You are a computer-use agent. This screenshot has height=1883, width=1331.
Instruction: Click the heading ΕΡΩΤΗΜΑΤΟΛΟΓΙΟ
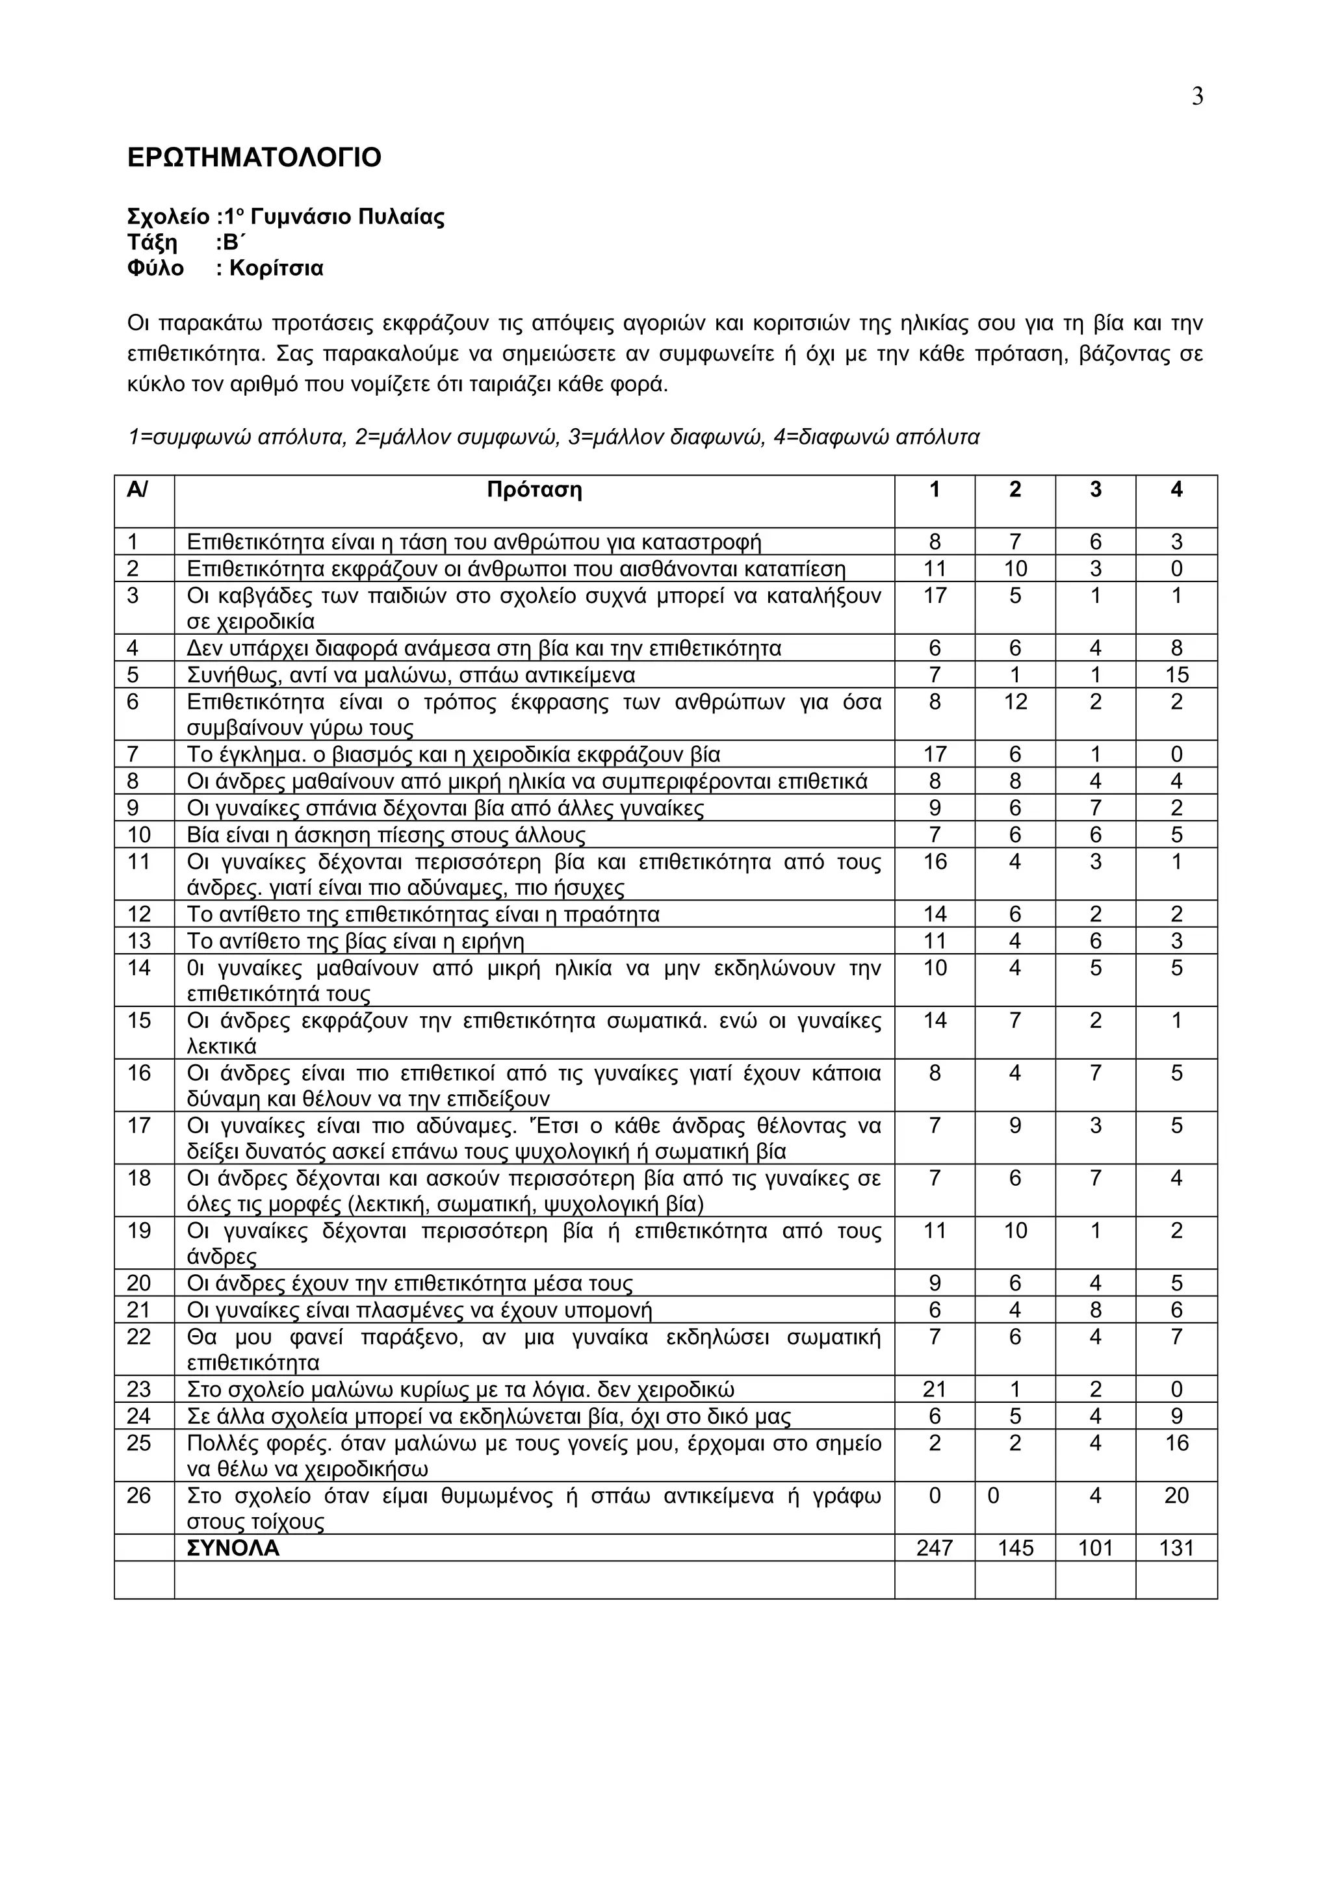254,157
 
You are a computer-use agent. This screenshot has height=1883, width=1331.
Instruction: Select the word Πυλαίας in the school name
402,216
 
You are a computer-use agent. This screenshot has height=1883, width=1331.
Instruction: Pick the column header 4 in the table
1176,490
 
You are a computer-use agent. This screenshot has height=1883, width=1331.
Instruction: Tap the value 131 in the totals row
1176,1548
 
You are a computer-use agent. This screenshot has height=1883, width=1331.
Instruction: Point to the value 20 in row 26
1176,1495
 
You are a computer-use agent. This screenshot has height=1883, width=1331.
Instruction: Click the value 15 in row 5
1176,675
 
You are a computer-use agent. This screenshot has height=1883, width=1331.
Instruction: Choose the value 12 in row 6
1014,702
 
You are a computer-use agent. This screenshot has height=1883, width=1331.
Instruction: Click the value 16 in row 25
1176,1442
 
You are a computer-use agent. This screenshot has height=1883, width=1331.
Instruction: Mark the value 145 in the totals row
1014,1548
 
